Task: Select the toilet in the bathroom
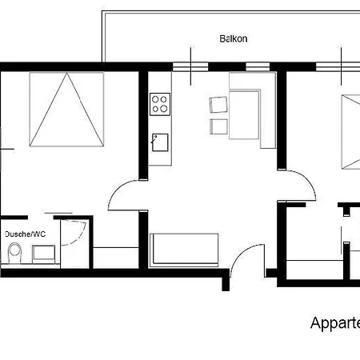point(13,254)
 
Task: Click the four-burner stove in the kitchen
point(160,103)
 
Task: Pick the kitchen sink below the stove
point(160,142)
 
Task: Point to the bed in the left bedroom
point(68,110)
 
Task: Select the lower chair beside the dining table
point(218,126)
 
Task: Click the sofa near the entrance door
point(184,248)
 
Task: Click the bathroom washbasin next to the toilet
point(43,254)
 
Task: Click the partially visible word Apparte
point(334,323)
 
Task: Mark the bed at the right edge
point(350,132)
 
